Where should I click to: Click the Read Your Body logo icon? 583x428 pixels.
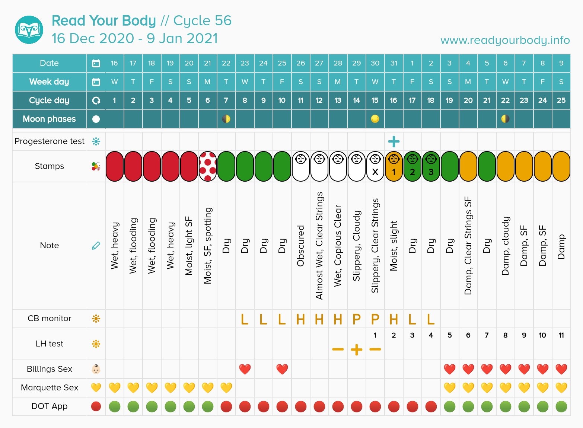[29, 30]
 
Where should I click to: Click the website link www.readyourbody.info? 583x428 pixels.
[505, 40]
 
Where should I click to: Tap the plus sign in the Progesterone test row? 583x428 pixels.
[394, 141]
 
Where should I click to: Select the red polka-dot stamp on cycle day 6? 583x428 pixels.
[208, 166]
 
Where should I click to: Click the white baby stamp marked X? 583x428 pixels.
[375, 166]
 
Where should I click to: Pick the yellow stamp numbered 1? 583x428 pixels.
[394, 166]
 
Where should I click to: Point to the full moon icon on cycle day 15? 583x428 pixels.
[375, 119]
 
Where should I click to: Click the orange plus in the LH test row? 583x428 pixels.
[356, 349]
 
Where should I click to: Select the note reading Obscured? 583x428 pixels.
[300, 246]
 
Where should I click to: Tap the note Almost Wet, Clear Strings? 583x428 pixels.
[319, 246]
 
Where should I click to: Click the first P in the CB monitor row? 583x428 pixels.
[356, 319]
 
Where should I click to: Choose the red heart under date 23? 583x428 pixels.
[245, 369]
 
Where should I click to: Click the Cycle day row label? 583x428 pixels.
[49, 100]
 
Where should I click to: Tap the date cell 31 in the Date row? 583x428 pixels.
[394, 63]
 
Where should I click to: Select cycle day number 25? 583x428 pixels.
[561, 100]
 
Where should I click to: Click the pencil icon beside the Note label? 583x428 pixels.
[96, 246]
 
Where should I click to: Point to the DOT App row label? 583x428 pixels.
[49, 406]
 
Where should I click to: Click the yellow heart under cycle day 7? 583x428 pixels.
[226, 388]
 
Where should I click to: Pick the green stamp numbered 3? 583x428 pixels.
[431, 166]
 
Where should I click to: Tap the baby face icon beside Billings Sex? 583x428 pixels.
[96, 369]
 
